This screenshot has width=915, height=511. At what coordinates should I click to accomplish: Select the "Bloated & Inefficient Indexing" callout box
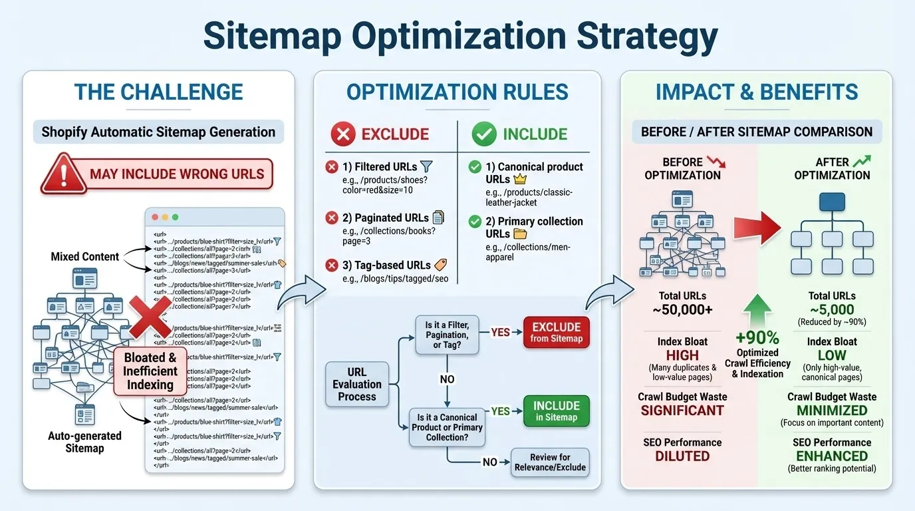150,371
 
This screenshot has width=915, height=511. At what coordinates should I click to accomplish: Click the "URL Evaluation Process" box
357,385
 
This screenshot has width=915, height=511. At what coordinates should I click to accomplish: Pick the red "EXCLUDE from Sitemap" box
556,332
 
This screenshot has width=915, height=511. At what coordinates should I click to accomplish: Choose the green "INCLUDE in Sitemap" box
556,411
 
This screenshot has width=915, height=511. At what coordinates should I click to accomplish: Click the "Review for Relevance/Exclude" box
550,462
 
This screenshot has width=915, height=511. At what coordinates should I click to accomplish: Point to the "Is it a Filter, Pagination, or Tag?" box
447,335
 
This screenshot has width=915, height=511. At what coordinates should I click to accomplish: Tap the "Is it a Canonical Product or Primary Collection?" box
446,427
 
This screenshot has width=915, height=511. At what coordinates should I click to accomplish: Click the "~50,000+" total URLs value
682,310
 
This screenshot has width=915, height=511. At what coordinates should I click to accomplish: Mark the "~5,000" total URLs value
832,309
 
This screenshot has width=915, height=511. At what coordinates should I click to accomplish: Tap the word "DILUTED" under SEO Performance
682,456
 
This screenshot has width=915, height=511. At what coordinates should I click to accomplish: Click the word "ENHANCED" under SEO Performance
832,456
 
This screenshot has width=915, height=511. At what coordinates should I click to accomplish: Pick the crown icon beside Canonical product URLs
521,180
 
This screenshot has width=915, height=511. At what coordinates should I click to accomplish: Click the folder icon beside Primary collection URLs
520,234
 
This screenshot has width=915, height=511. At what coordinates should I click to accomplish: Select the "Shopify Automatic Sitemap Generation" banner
158,132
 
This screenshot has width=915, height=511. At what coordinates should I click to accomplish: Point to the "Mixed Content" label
85,256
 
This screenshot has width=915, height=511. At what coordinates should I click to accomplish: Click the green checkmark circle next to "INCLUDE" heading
483,134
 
